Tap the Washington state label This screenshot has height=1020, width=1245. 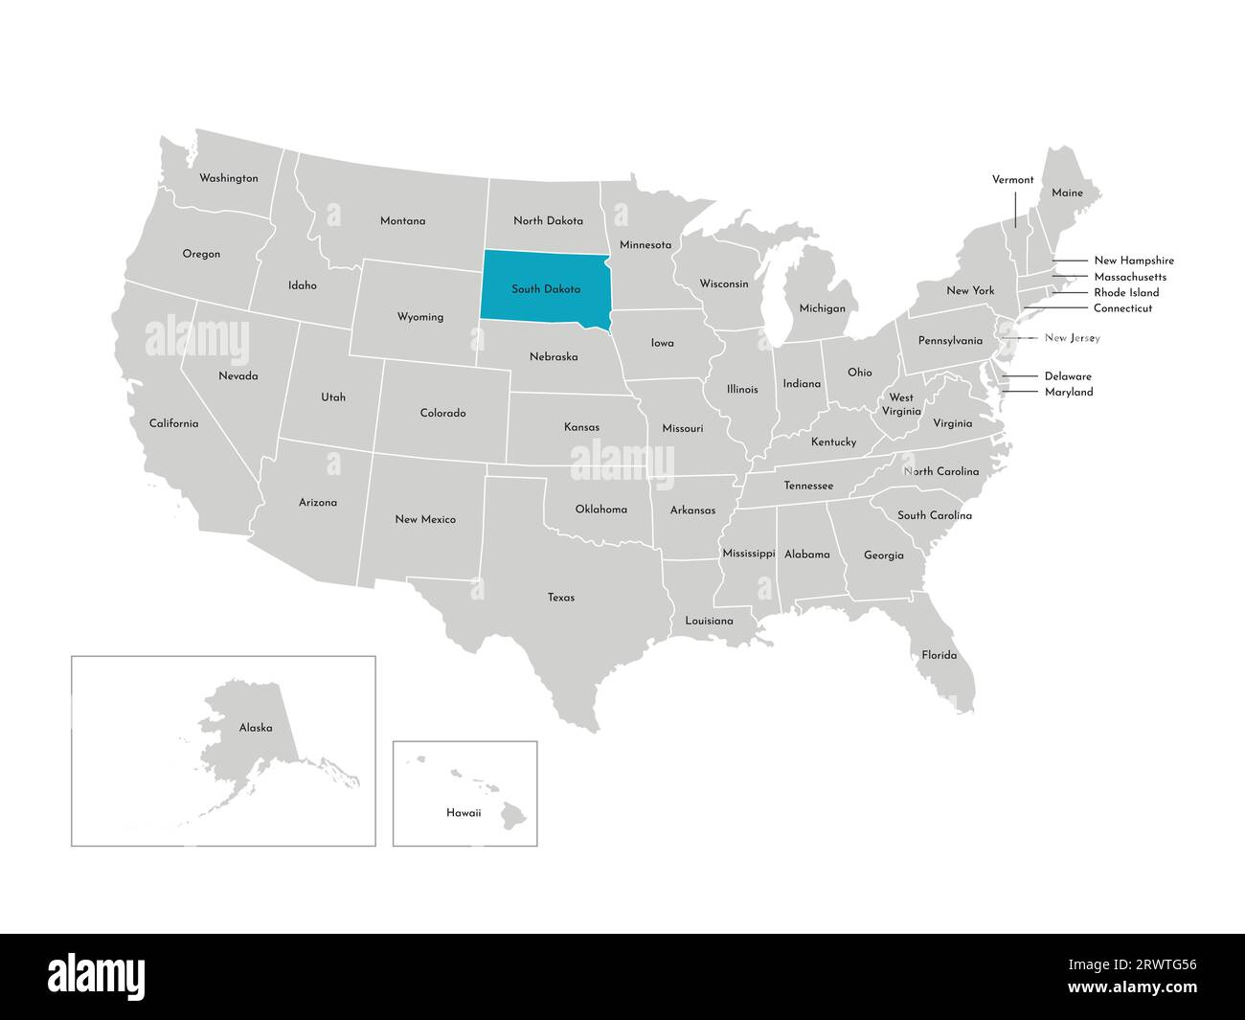point(228,178)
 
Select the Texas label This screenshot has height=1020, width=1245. point(561,598)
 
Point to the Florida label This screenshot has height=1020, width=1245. point(939,655)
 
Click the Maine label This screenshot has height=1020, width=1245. point(1067,193)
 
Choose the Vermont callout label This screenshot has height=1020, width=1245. point(1012,179)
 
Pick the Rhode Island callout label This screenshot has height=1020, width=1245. point(1126,292)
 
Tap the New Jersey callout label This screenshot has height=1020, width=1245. point(1072,338)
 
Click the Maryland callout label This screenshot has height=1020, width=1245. point(1068,392)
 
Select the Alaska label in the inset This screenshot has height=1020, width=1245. point(256,728)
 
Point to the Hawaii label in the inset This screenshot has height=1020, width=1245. point(464,812)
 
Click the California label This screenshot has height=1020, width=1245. point(173,423)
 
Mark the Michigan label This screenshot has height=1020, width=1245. point(822,308)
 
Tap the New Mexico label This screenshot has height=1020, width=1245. point(425,519)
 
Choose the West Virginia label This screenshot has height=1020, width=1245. point(901,403)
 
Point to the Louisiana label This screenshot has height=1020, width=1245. point(709,621)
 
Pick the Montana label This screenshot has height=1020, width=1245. point(402,220)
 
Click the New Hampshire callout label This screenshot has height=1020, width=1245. point(1133,261)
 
